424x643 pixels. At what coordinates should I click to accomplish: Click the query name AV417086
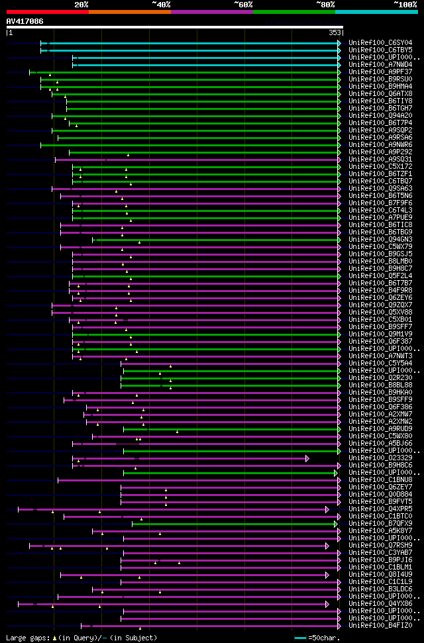(x=25, y=21)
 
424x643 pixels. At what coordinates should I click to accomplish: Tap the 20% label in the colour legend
(x=81, y=4)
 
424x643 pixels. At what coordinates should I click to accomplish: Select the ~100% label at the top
(x=405, y=4)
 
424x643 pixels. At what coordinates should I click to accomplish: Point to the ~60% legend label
(x=243, y=4)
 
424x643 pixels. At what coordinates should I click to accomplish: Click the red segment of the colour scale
(x=47, y=11)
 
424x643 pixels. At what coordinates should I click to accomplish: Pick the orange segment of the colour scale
(x=129, y=11)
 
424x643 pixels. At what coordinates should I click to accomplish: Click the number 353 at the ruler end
(x=334, y=32)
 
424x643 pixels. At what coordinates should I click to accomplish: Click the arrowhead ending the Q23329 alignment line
(x=307, y=458)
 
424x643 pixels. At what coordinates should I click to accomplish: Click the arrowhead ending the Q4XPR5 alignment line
(x=327, y=509)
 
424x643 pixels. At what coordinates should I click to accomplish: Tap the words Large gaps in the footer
(x=24, y=638)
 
